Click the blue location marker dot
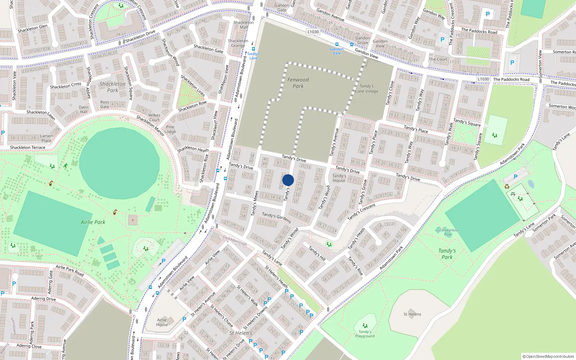[288, 180]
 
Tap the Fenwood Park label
[298, 83]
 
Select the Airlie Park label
[93, 222]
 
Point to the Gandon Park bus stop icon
[337, 45]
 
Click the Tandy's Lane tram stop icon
[253, 49]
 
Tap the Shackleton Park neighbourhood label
[113, 87]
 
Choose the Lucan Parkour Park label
[447, 232]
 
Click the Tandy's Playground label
[365, 334]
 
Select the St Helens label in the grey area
[412, 314]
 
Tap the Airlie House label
[162, 322]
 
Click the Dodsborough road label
[235, 240]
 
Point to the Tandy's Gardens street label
[276, 217]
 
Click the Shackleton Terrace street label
[28, 148]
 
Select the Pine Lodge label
[170, 129]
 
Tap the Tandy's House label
[339, 178]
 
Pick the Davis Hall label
[84, 109]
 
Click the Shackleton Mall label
[244, 25]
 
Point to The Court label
[438, 59]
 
